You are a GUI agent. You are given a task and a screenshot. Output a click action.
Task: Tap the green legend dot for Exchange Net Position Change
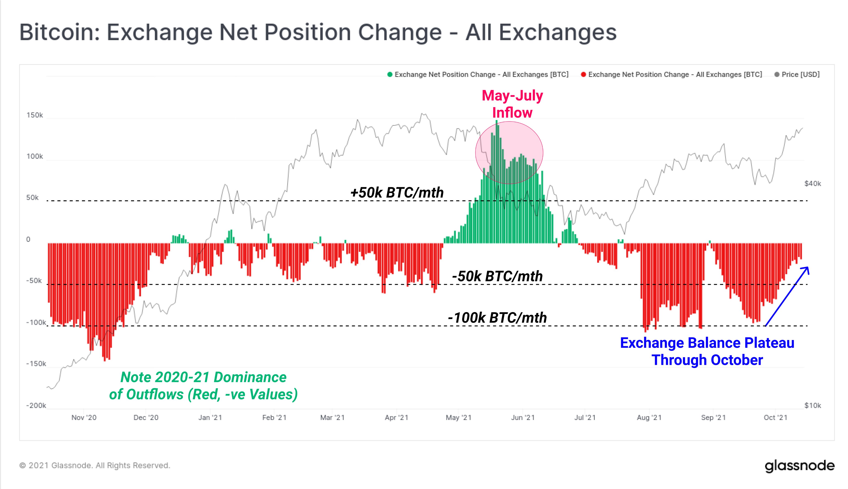point(390,75)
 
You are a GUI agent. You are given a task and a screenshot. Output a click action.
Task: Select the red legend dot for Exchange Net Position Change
point(583,75)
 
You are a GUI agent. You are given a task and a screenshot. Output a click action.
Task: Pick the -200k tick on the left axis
point(36,405)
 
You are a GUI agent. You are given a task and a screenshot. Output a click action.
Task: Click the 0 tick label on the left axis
point(28,240)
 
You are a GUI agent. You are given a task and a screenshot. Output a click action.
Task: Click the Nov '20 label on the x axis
point(84,418)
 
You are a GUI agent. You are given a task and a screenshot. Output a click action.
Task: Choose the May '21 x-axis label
point(458,418)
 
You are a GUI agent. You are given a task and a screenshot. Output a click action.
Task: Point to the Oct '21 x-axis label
point(775,418)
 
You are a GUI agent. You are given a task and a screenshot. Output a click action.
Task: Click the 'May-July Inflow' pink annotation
point(512,104)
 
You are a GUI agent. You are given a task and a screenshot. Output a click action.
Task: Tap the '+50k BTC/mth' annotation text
point(397,193)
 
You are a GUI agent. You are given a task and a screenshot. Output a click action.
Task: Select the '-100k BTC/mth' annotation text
point(497,318)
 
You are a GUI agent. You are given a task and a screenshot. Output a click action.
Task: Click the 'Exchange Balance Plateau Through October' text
point(707,351)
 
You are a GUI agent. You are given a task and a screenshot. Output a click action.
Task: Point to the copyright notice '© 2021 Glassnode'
point(95,466)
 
